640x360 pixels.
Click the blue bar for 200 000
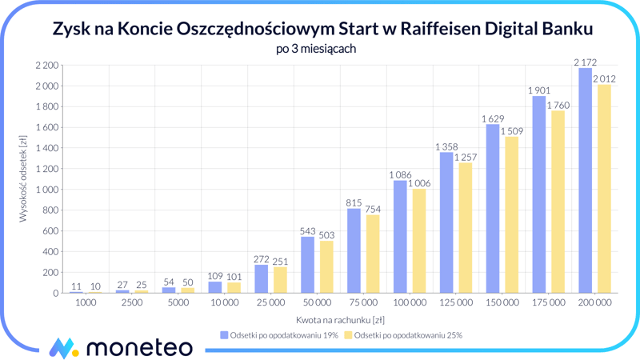coord(585,181)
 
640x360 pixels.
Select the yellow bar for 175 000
coord(558,202)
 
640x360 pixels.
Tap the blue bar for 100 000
coord(400,237)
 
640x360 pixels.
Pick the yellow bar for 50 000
coord(326,267)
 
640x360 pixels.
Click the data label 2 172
coord(585,62)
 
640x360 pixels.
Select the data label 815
coord(354,202)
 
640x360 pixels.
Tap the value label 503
coord(326,234)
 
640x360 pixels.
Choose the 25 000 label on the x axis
coord(270,303)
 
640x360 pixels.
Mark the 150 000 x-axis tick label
coord(502,303)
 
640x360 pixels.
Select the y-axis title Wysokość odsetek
coord(23,178)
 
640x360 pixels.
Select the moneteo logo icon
coord(63,347)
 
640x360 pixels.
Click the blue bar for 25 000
coord(262,279)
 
